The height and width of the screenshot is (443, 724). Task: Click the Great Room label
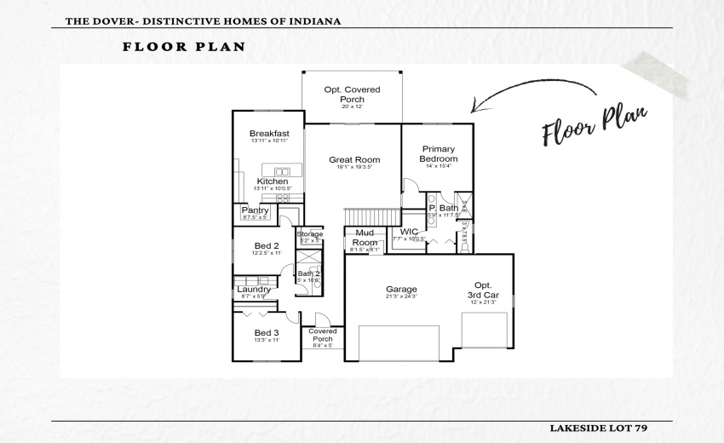(x=354, y=160)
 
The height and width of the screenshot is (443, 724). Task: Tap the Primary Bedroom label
(x=439, y=154)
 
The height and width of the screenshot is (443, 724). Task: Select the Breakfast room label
(x=269, y=134)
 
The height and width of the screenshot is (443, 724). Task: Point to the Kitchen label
(x=273, y=181)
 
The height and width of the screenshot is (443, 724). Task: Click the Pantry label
(x=256, y=210)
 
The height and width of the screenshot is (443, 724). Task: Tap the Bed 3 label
(x=267, y=333)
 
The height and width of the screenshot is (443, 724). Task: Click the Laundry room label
(x=254, y=290)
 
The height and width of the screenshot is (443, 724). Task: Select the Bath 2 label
(x=308, y=273)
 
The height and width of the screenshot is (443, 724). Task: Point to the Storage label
(x=309, y=234)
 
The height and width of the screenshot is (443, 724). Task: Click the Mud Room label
(x=365, y=238)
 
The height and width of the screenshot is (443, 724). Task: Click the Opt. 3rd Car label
(x=482, y=291)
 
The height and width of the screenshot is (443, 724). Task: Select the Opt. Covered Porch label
(x=352, y=95)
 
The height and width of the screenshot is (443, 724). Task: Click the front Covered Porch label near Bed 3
(x=322, y=335)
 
